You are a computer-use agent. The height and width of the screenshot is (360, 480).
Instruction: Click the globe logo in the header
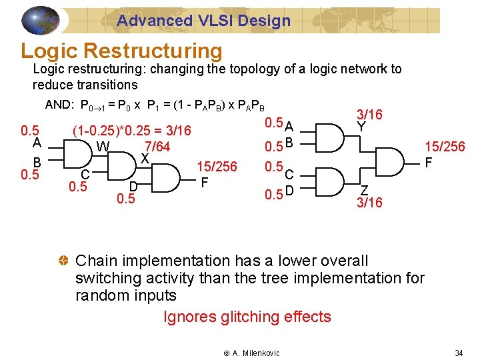41,20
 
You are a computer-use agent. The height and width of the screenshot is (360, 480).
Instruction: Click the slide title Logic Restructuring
121,51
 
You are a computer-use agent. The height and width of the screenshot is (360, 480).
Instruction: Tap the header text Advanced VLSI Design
204,21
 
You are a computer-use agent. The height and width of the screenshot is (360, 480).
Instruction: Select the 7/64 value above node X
157,147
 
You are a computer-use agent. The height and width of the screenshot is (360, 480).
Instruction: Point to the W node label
103,147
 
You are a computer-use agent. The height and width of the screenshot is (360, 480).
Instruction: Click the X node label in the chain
143,159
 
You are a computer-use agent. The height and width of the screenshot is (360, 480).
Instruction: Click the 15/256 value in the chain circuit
217,167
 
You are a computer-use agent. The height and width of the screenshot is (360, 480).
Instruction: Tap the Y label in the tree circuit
361,126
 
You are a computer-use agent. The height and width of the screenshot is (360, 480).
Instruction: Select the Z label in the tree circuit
364,189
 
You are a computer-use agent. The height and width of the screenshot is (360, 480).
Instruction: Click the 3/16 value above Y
369,115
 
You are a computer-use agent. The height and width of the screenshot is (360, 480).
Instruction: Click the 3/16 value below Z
369,202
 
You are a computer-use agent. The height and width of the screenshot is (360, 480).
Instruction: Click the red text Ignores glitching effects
247,317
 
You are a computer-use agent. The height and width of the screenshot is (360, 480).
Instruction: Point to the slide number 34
458,352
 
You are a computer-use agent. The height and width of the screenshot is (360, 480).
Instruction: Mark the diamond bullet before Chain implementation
64,261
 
